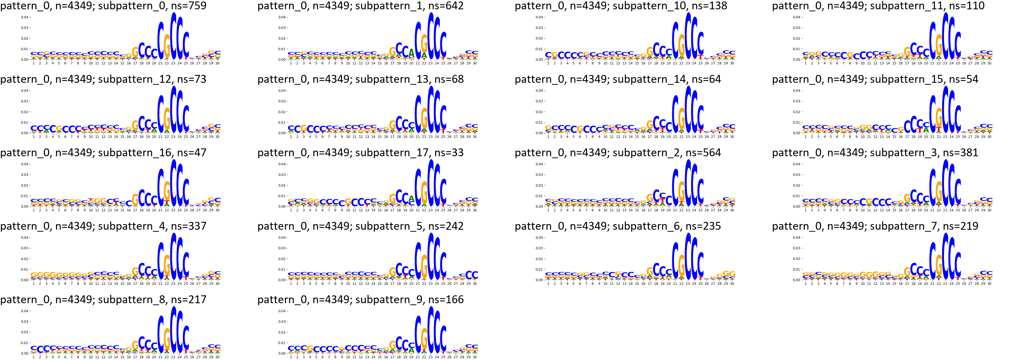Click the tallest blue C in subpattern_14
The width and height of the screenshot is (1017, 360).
tap(688, 109)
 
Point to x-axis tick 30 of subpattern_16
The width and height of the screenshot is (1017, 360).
tap(218, 210)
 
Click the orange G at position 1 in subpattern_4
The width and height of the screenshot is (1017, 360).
tap(34, 275)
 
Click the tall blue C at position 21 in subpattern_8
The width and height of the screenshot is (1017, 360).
tap(161, 334)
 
